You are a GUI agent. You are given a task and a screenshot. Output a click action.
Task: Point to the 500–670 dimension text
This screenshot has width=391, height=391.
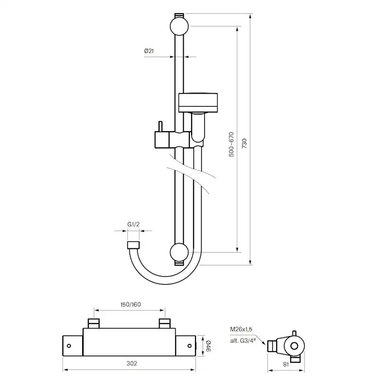(x=231, y=144)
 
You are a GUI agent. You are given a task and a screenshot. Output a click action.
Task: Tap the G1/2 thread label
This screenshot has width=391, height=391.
(x=133, y=225)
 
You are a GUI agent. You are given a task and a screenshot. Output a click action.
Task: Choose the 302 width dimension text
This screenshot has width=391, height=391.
(x=132, y=363)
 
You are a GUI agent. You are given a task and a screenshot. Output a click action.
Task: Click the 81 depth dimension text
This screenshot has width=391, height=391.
(x=286, y=364)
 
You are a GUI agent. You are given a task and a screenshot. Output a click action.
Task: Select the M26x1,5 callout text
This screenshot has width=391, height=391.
(x=241, y=329)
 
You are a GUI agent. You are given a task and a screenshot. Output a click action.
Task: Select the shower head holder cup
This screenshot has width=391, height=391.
(x=199, y=102)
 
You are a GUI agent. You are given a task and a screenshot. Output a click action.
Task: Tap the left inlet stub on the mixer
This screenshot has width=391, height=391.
(x=94, y=323)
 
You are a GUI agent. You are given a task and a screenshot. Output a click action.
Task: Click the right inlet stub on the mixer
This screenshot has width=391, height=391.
(x=164, y=323)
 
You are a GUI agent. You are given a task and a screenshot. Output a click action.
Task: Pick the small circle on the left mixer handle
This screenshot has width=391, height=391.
(x=69, y=345)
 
